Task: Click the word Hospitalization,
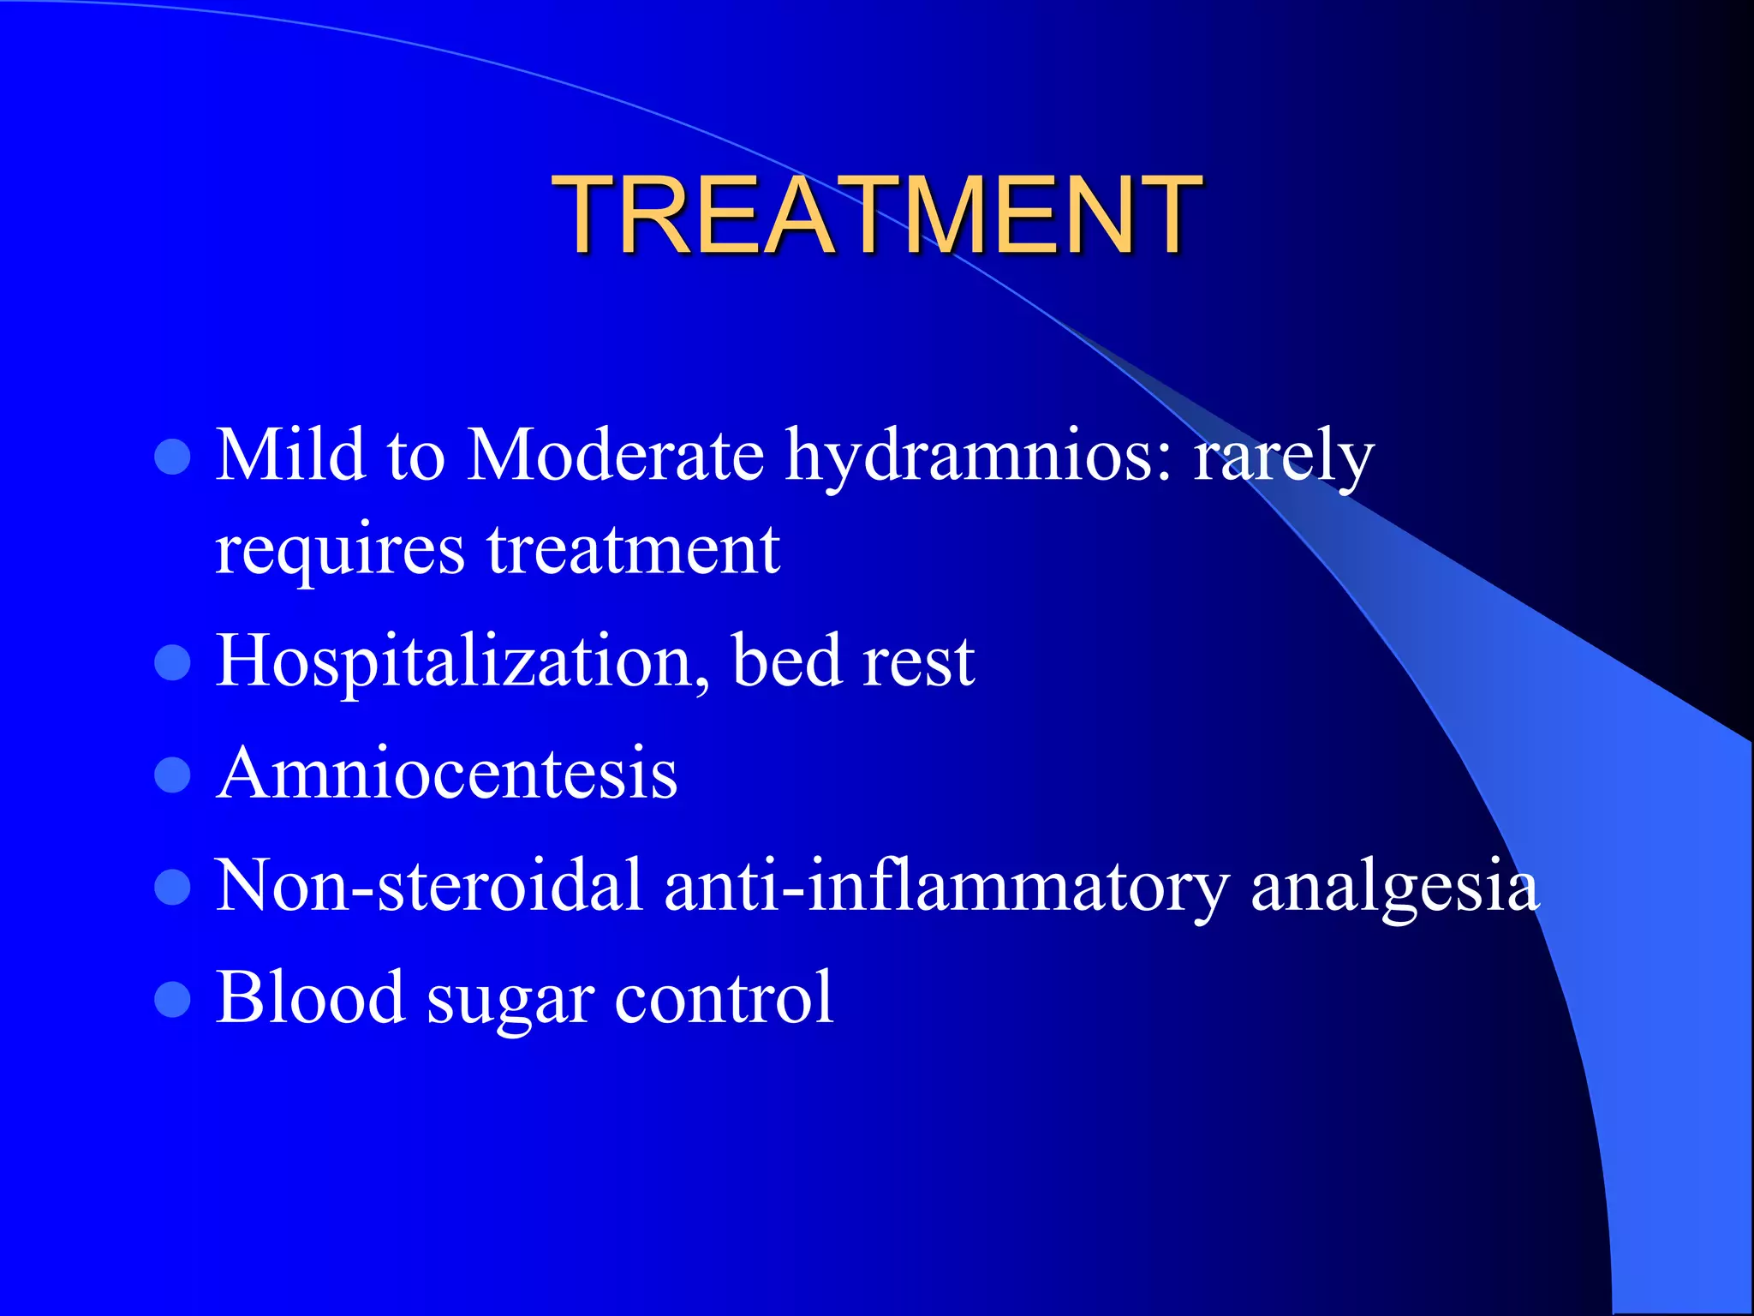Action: (462, 662)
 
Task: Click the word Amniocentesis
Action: (447, 773)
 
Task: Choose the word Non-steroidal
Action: (428, 885)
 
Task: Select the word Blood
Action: (310, 996)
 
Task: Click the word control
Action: (724, 996)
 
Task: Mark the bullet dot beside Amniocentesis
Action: (172, 775)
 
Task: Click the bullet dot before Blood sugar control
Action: (172, 999)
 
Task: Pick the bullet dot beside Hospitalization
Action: (172, 662)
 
